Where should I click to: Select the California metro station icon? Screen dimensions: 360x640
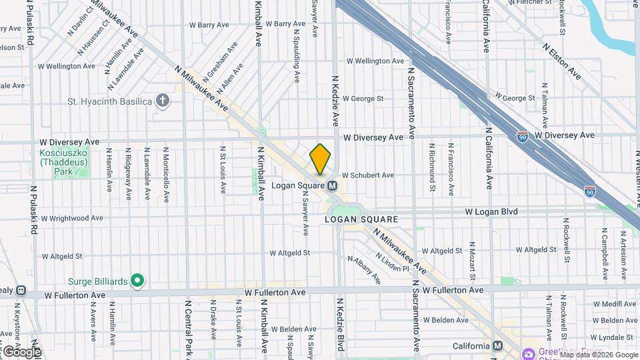[497, 346]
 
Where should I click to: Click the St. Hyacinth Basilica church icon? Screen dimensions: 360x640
[162, 101]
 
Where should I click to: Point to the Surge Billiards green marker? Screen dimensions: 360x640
[137, 281]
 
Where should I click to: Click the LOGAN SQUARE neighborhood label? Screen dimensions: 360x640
[361, 219]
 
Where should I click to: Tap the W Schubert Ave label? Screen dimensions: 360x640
[368, 175]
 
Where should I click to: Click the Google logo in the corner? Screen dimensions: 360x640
[22, 351]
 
